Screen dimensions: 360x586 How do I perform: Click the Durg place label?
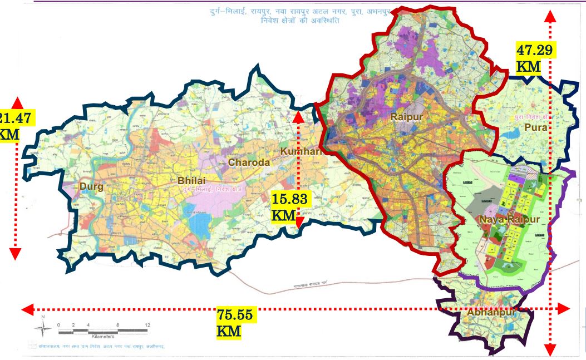click(x=91, y=187)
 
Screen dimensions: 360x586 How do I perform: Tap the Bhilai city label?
click(x=191, y=181)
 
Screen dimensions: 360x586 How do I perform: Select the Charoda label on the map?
click(x=249, y=162)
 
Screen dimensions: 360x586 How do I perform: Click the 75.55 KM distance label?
click(x=235, y=323)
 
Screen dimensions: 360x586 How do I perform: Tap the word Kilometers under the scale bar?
click(x=103, y=336)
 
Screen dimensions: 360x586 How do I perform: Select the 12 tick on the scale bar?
click(x=147, y=324)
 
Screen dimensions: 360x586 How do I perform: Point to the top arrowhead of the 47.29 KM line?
click(x=550, y=16)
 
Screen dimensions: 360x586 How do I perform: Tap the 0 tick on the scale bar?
click(x=58, y=324)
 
